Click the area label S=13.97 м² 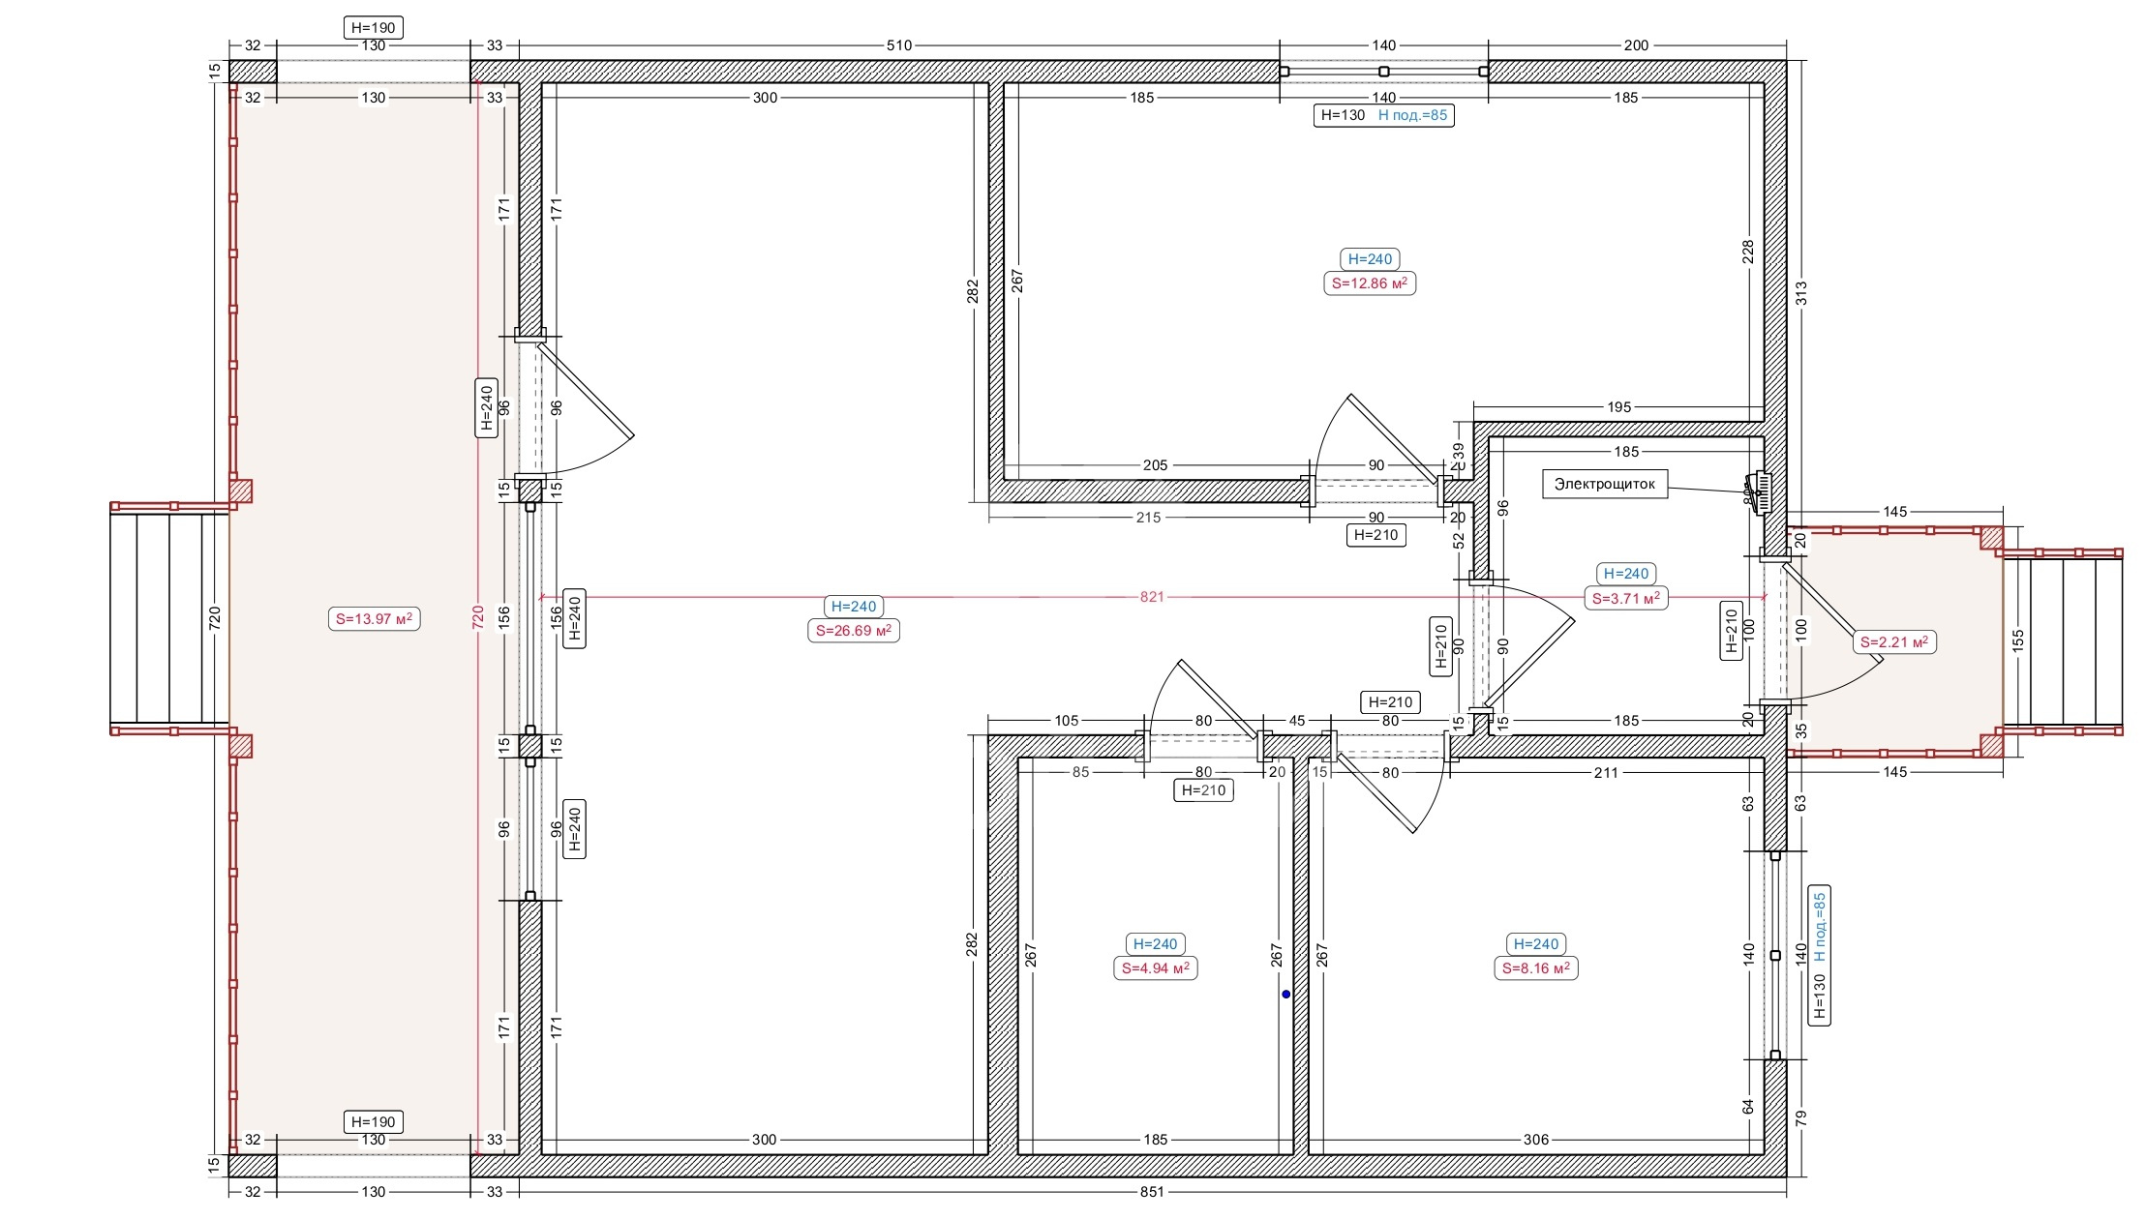375,619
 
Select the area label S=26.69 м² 854,631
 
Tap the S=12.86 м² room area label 1370,283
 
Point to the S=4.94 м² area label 1156,968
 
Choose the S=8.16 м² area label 1536,968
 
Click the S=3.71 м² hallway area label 1626,599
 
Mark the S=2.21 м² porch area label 1895,642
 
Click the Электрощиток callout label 1605,485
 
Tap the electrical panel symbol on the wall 1762,493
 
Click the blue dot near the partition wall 1286,995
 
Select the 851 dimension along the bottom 1152,1192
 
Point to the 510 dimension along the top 899,45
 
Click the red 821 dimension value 1152,597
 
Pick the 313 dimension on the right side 1801,292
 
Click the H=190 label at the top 374,28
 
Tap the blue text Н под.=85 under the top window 1413,115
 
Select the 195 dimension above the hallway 1619,407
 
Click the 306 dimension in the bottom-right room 1536,1140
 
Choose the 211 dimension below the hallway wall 1606,773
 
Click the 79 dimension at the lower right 1801,1117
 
